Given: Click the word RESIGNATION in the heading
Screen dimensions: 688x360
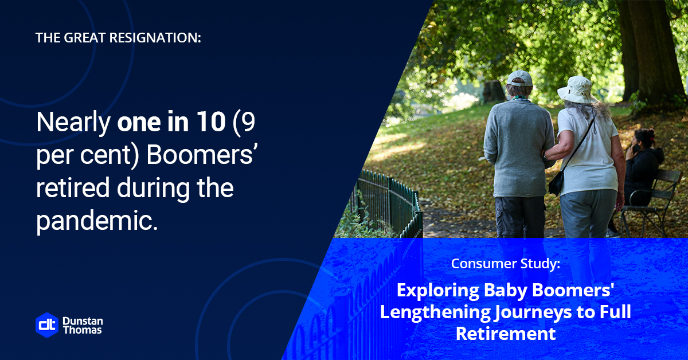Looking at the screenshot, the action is (x=155, y=38).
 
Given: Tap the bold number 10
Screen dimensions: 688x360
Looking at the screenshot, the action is (x=212, y=122).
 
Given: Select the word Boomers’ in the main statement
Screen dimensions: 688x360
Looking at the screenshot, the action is (x=201, y=155).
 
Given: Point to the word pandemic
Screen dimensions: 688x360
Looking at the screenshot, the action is (x=97, y=221).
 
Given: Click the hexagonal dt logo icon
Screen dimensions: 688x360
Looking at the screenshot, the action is (x=47, y=325).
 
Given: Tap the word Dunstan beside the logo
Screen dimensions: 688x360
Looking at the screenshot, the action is (x=83, y=321).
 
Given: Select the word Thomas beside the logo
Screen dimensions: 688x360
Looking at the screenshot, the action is (x=83, y=330).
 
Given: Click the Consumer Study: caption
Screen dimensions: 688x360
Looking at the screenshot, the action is (x=506, y=264).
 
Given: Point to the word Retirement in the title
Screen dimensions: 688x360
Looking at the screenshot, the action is (x=506, y=334).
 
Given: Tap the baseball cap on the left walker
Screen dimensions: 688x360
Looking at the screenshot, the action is (x=520, y=79).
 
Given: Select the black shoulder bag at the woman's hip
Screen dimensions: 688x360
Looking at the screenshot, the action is (x=557, y=183).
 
